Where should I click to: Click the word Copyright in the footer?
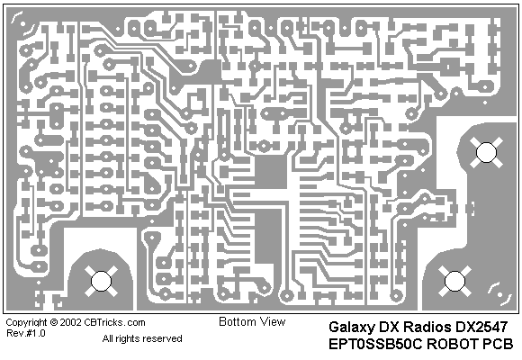[27, 323]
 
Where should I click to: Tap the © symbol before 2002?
[54, 322]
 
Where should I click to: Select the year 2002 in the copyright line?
[71, 322]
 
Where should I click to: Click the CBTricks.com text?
[114, 322]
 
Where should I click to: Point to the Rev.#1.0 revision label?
[25, 333]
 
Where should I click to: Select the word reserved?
[163, 338]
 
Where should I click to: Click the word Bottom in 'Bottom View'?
[238, 321]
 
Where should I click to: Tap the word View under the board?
[273, 321]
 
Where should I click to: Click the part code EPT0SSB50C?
[375, 344]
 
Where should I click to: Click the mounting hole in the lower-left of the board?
[101, 281]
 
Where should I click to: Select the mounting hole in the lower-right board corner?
[454, 281]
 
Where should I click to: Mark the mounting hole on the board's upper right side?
[486, 152]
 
